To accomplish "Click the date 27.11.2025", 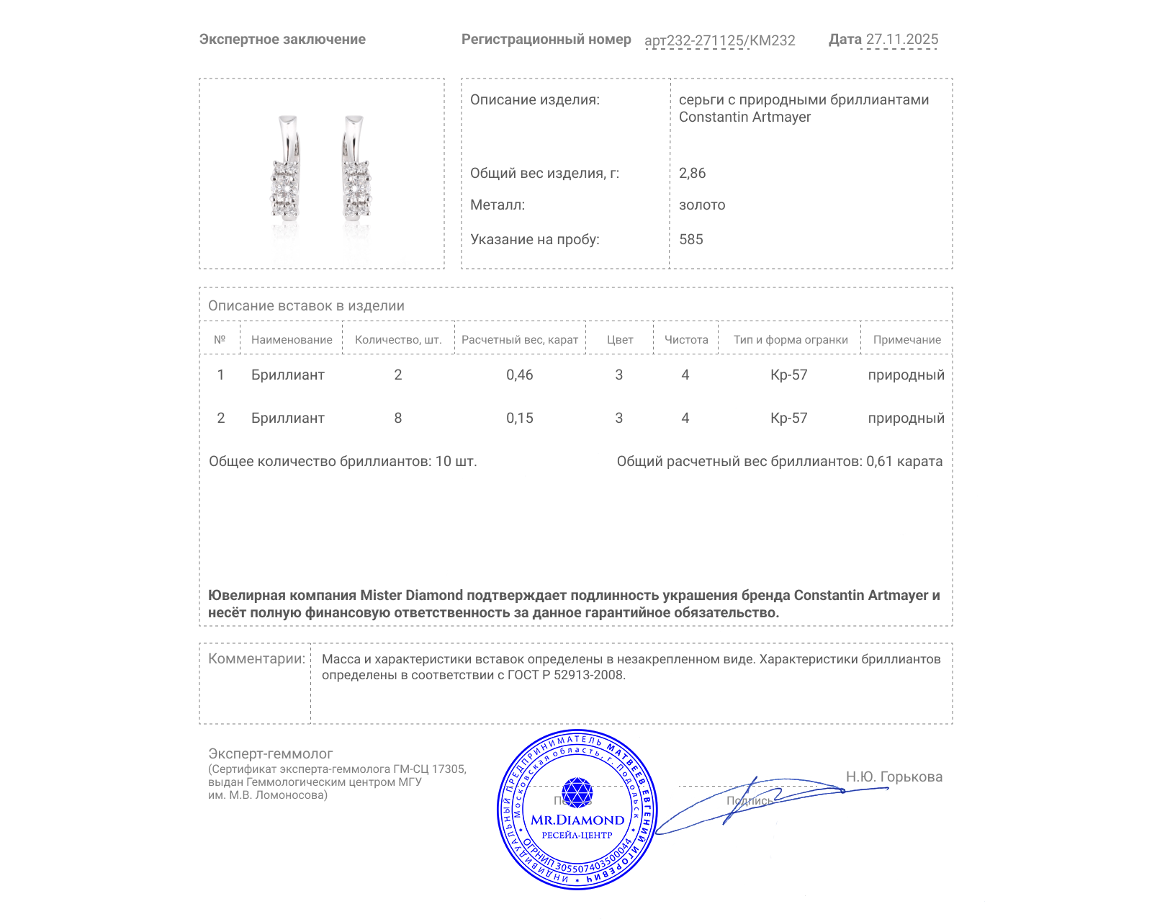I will coord(901,40).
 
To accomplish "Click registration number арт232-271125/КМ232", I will coord(719,40).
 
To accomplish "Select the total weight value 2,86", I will coord(692,173).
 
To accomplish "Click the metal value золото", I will coord(702,205).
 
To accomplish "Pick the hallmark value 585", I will coord(690,239).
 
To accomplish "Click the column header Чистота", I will coord(685,339).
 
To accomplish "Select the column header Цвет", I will coord(619,339).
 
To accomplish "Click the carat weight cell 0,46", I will coord(519,375).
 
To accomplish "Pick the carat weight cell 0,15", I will coord(519,418).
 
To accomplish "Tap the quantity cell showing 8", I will coord(397,418).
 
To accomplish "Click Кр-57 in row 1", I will coord(788,375).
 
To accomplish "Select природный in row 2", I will coord(906,418).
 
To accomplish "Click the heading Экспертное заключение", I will coord(282,40).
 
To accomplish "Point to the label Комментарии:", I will coord(256,658).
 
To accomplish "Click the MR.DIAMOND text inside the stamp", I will coord(577,820).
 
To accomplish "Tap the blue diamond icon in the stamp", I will coord(577,792).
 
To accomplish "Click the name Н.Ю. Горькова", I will coord(894,776).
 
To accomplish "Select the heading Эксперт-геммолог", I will coord(270,753).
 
